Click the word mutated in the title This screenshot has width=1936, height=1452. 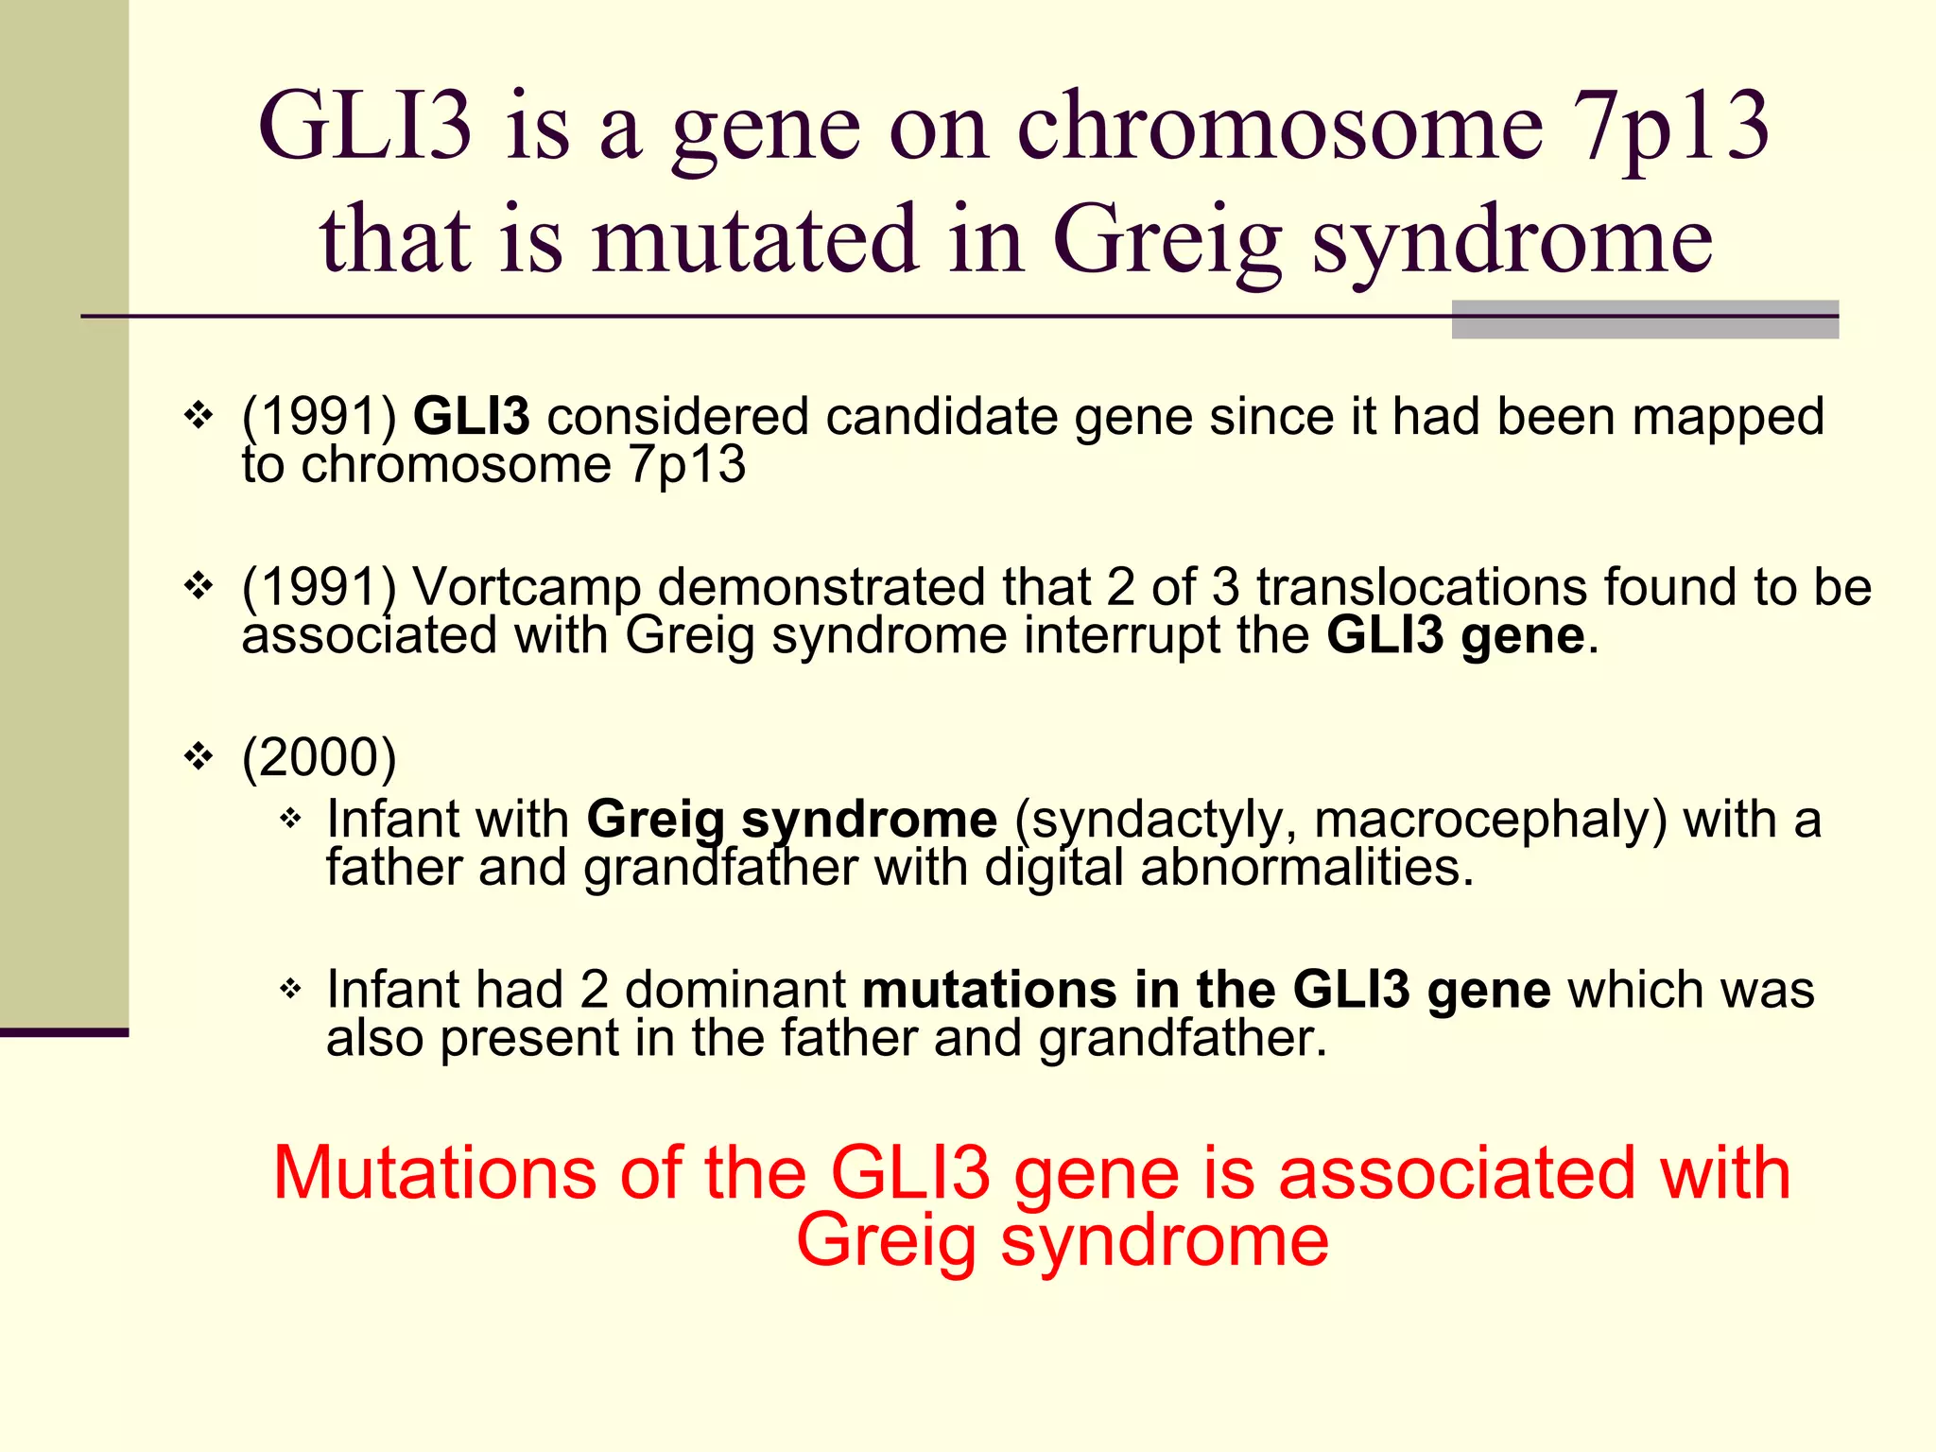(755, 241)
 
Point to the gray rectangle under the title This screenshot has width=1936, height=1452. (1644, 320)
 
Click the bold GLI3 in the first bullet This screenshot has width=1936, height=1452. (471, 417)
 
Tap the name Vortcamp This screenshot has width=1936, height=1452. (527, 587)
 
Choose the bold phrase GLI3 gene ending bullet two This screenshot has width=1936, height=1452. (1455, 635)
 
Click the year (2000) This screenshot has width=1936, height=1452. (319, 757)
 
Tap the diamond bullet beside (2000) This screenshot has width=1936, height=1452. (199, 756)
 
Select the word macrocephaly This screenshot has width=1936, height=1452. (1490, 819)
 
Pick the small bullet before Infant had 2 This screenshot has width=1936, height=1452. (290, 990)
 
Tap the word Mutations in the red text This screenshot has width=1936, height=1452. (434, 1173)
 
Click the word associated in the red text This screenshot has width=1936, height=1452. (1456, 1173)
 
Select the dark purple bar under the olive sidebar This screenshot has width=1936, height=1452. (63, 1032)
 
